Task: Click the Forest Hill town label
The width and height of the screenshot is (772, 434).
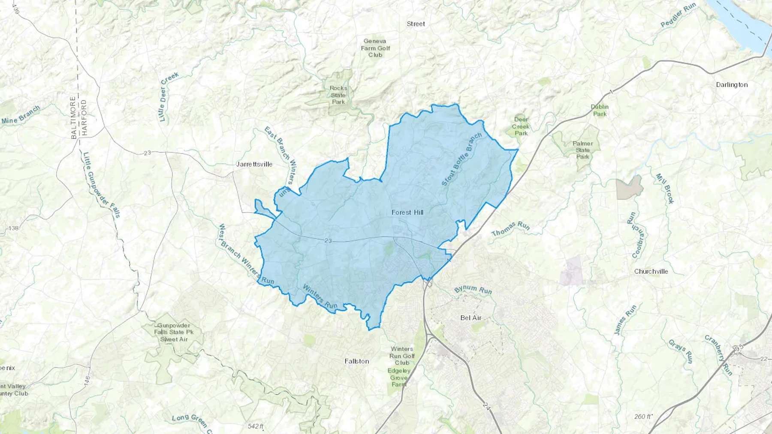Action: (x=407, y=212)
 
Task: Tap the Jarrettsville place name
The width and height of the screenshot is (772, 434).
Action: (x=254, y=164)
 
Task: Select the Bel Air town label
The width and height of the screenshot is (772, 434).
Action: (x=470, y=318)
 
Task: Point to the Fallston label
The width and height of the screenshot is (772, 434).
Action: (x=356, y=361)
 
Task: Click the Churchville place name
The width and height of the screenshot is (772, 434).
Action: (x=651, y=271)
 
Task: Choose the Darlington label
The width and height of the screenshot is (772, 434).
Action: (x=732, y=84)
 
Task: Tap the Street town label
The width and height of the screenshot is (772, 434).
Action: (x=416, y=24)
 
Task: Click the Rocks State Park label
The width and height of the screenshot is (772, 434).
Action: (x=338, y=95)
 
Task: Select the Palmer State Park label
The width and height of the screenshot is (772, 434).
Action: (x=582, y=150)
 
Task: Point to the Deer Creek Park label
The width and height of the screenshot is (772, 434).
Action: (x=521, y=126)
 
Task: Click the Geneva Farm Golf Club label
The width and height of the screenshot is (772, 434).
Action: (x=375, y=48)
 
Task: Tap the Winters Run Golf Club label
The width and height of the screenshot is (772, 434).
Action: (x=402, y=356)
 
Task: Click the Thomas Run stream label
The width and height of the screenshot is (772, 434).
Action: (x=510, y=229)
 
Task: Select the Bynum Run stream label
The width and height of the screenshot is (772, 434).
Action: (x=473, y=290)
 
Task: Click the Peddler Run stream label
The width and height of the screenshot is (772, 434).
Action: (x=678, y=16)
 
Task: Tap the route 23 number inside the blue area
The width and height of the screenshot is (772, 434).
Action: (x=328, y=241)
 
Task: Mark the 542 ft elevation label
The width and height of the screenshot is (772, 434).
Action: (x=255, y=426)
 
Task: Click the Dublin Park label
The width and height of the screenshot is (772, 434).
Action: (x=600, y=110)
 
